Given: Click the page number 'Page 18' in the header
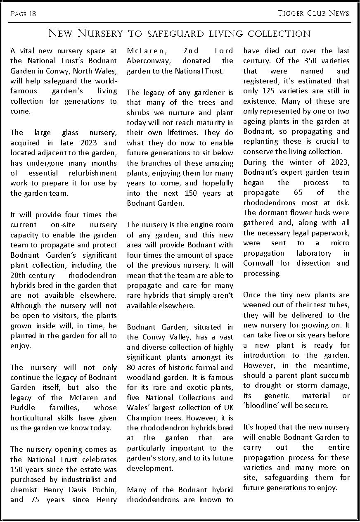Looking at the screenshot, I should pyautogui.click(x=23, y=14).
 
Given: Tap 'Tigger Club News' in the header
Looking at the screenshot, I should pyautogui.click(x=313, y=13).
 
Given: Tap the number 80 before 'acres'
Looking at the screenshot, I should pyautogui.click(x=132, y=368).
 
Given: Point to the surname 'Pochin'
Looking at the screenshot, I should pyautogui.click(x=103, y=490).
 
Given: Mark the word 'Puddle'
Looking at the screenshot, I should pyautogui.click(x=23, y=408).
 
